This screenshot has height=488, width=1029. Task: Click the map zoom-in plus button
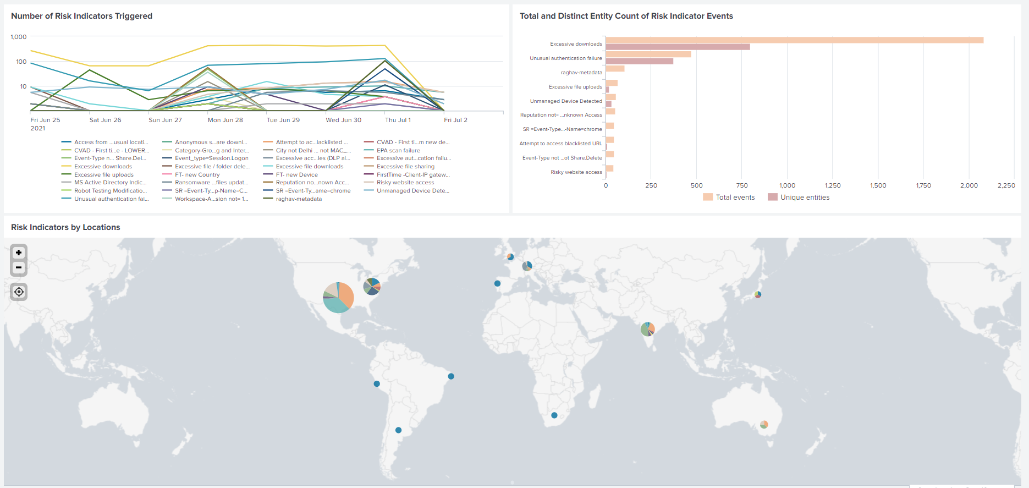(19, 253)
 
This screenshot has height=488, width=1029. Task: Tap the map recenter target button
(19, 292)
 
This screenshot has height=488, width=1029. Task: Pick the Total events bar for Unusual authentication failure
(648, 54)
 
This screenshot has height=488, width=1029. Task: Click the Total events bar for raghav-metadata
(615, 69)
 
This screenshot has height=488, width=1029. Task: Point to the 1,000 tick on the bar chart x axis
(787, 185)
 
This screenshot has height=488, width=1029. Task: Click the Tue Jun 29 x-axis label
(283, 120)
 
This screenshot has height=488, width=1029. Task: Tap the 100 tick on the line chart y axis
(21, 62)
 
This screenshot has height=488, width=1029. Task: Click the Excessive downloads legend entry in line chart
(103, 167)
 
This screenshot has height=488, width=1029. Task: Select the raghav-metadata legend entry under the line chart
(299, 199)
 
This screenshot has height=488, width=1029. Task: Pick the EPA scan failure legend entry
(398, 150)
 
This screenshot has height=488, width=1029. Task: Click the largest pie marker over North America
(338, 298)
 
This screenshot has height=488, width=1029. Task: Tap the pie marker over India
(648, 329)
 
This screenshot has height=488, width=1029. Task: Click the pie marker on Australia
(764, 424)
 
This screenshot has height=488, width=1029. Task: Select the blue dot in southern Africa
(554, 415)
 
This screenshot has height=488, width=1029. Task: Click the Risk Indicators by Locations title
(65, 227)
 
